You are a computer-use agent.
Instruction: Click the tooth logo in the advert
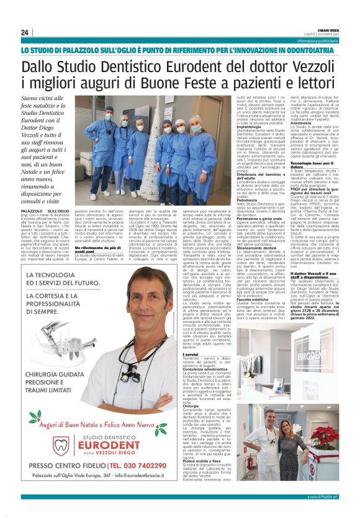click(61, 445)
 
